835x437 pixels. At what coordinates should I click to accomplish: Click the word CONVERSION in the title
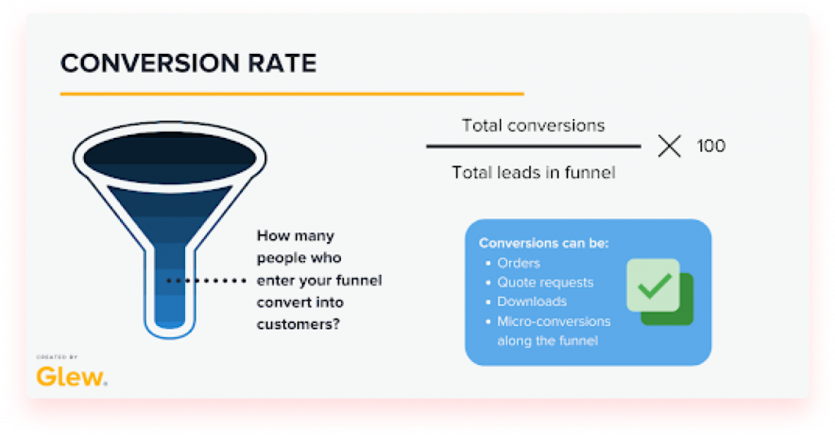click(x=150, y=64)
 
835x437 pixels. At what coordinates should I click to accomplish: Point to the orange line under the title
click(x=292, y=95)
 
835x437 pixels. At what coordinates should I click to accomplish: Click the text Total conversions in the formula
click(x=533, y=126)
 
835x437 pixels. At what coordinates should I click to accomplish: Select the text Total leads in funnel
click(x=533, y=173)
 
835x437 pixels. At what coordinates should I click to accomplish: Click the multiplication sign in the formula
click(x=669, y=146)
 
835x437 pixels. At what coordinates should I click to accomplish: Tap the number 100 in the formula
click(x=711, y=146)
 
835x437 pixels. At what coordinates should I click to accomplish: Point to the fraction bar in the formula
click(x=533, y=146)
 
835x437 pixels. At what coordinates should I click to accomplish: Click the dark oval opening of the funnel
click(x=170, y=158)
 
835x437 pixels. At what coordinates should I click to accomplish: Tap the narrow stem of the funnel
click(x=170, y=288)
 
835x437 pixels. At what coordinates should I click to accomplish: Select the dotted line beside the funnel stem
click(x=206, y=280)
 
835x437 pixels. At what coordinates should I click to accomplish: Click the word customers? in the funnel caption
click(x=298, y=324)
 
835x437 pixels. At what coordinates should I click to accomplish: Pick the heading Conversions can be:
click(x=544, y=243)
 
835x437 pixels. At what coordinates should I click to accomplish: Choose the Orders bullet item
click(x=519, y=263)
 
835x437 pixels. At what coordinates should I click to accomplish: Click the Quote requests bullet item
click(x=546, y=283)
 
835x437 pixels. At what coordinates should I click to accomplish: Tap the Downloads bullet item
click(x=532, y=302)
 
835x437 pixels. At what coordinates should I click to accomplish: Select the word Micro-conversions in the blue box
click(x=554, y=321)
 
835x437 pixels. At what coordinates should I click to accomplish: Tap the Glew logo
click(x=72, y=377)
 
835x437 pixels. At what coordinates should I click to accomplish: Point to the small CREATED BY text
click(x=57, y=357)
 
